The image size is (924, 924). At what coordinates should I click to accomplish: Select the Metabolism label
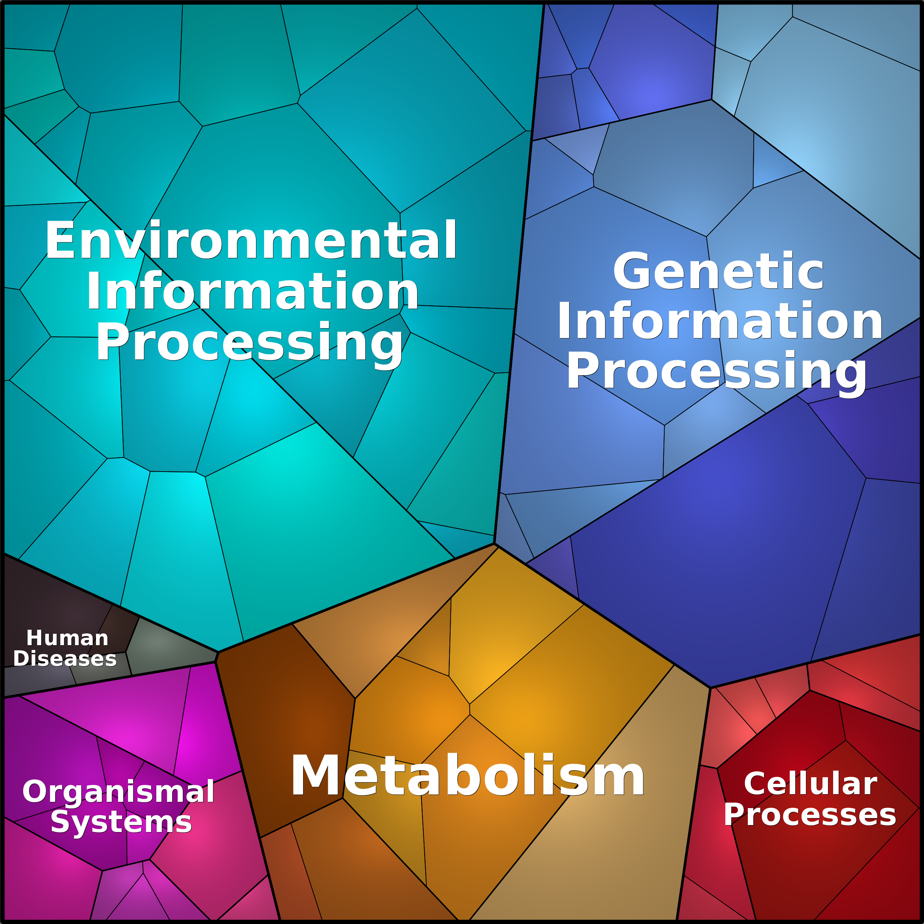467,776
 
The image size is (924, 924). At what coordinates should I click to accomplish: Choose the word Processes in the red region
810,814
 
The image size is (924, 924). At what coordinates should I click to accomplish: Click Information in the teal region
252,291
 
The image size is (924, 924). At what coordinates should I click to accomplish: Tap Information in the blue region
720,321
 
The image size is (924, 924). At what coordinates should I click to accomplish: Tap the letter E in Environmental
60,240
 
